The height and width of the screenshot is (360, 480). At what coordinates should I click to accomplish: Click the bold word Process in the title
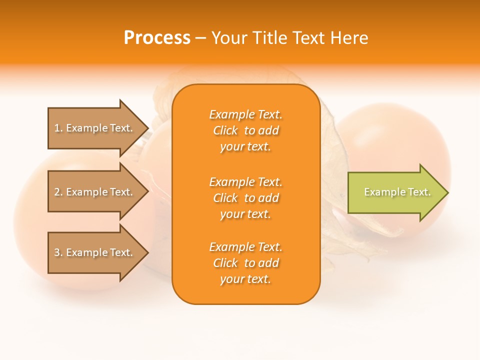click(157, 38)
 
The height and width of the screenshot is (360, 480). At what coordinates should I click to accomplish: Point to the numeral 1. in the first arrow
click(58, 128)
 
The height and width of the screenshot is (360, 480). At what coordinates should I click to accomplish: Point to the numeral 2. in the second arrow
click(58, 192)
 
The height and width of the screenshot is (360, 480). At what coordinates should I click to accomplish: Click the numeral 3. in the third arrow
click(58, 252)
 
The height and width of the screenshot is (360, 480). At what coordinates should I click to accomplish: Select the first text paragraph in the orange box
click(245, 130)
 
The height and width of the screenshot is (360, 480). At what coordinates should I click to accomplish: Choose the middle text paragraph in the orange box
click(245, 198)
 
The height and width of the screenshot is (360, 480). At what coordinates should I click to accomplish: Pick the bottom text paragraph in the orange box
click(245, 263)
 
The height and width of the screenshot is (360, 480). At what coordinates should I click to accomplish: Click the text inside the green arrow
click(397, 192)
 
